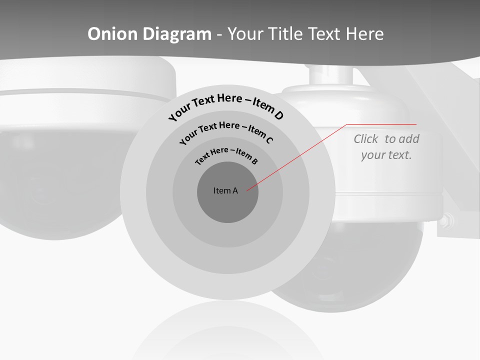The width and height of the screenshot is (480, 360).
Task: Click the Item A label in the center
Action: coord(225,190)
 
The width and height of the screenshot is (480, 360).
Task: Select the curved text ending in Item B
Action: coord(226,155)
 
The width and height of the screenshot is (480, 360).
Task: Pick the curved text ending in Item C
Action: coord(226,131)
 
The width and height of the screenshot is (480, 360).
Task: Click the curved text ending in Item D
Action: coord(226,105)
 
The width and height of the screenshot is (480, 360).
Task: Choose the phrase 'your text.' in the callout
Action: coord(386,155)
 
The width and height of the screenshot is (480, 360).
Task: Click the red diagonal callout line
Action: coord(300,155)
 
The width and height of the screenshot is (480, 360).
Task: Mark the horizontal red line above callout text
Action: coord(382,124)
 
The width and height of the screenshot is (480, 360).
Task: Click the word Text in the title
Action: coord(322,34)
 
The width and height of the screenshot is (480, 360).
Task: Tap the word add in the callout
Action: coord(409,139)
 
